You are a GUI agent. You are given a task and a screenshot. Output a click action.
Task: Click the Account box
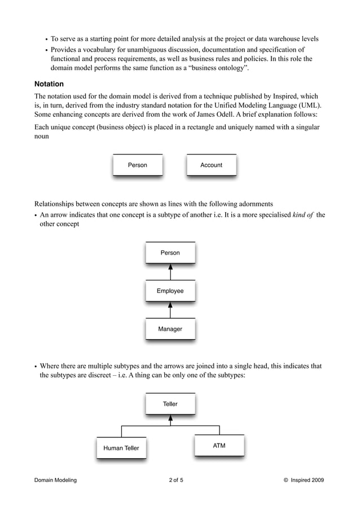[212, 165]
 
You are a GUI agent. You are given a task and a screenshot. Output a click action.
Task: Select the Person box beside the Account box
[138, 165]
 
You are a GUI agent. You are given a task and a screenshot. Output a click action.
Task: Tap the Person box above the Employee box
[170, 253]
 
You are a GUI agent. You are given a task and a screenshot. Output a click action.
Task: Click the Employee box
[170, 291]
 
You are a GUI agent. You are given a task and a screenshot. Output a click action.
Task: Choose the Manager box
[170, 329]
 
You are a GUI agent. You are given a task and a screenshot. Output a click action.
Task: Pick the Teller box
[170, 404]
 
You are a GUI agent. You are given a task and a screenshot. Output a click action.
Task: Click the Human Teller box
[121, 449]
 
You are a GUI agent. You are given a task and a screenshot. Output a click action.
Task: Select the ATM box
[219, 446]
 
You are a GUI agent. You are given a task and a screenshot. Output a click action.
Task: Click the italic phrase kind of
[304, 215]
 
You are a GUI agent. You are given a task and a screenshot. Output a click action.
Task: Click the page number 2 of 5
[176, 480]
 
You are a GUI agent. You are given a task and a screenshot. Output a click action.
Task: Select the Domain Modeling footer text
[55, 480]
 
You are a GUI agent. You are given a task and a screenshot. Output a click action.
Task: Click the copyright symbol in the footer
[286, 480]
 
